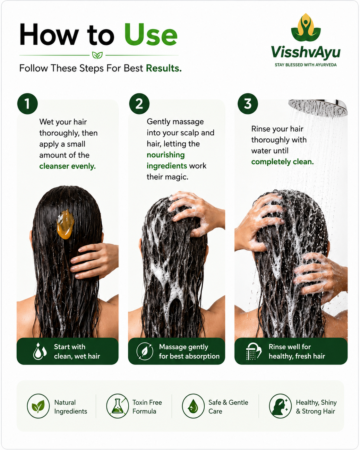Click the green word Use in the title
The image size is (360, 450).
tap(151, 35)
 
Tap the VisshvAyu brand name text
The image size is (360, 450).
tap(306, 52)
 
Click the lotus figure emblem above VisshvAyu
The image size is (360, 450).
tap(306, 27)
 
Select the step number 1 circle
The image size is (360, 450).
tap(27, 104)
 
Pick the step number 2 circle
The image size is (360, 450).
tap(139, 104)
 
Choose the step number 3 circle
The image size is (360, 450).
tap(248, 104)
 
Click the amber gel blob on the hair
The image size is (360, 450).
tap(65, 224)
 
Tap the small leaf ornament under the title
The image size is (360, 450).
tap(98, 55)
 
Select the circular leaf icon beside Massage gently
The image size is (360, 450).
tap(145, 351)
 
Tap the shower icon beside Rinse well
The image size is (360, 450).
tap(253, 351)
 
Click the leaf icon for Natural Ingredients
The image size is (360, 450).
tap(38, 406)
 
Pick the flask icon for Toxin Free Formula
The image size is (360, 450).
tap(117, 406)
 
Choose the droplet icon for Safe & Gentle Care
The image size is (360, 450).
tap(193, 406)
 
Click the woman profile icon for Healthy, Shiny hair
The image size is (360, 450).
tap(280, 406)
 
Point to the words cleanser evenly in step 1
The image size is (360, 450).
tap(67, 166)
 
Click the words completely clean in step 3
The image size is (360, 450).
tap(282, 162)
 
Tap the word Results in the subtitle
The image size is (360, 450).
tap(164, 68)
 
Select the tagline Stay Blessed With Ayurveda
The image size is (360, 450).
tap(306, 65)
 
